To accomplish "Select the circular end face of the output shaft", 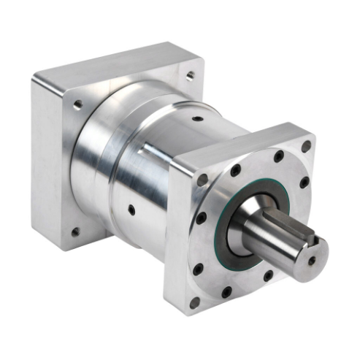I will [310, 257].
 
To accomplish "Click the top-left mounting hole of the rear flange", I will [77, 105].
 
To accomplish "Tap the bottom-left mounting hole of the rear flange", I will [74, 232].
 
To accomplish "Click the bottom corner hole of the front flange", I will [195, 301].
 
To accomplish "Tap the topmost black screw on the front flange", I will [278, 156].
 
